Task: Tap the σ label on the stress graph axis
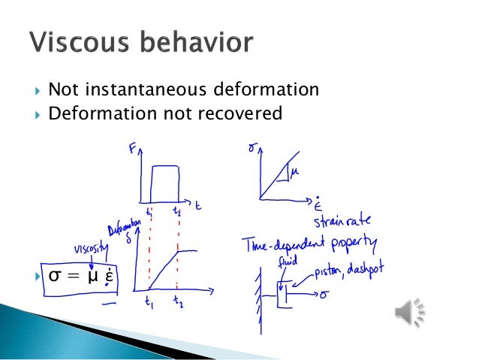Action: click(x=252, y=147)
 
